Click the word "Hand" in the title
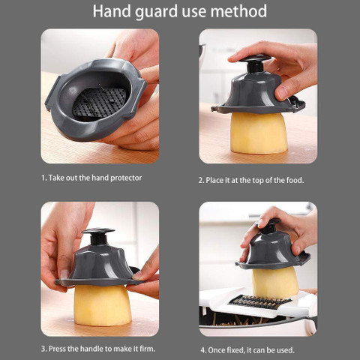(x=112, y=11)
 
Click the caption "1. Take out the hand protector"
(x=91, y=178)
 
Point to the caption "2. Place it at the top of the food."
(x=251, y=180)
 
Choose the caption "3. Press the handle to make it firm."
(x=98, y=349)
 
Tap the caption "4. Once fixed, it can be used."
(x=247, y=350)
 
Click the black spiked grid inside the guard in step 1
(x=99, y=103)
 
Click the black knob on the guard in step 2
(x=254, y=63)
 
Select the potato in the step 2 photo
(x=259, y=133)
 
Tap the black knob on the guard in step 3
(x=98, y=235)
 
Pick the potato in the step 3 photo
(x=103, y=305)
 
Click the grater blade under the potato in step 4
(x=260, y=301)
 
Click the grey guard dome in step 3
(x=99, y=265)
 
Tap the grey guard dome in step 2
(x=257, y=93)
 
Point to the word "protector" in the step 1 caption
(x=126, y=178)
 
